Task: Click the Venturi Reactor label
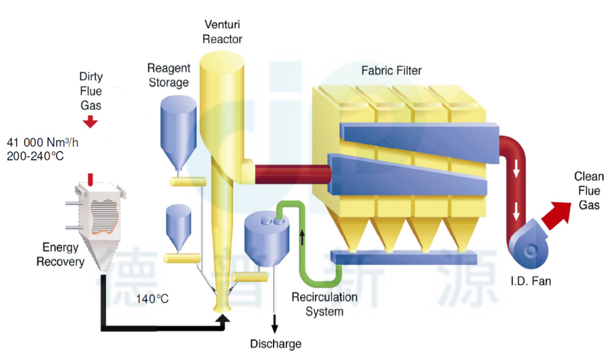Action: (x=222, y=32)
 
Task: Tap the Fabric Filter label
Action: (x=391, y=70)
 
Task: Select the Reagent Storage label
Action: (x=168, y=75)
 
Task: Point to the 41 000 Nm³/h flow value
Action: (x=43, y=142)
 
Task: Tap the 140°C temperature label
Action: (x=152, y=299)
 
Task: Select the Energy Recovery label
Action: (x=61, y=255)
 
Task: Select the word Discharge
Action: (x=276, y=344)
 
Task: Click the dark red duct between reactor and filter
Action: (x=293, y=174)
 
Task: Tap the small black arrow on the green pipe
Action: (x=302, y=236)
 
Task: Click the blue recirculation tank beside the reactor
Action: (x=266, y=240)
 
